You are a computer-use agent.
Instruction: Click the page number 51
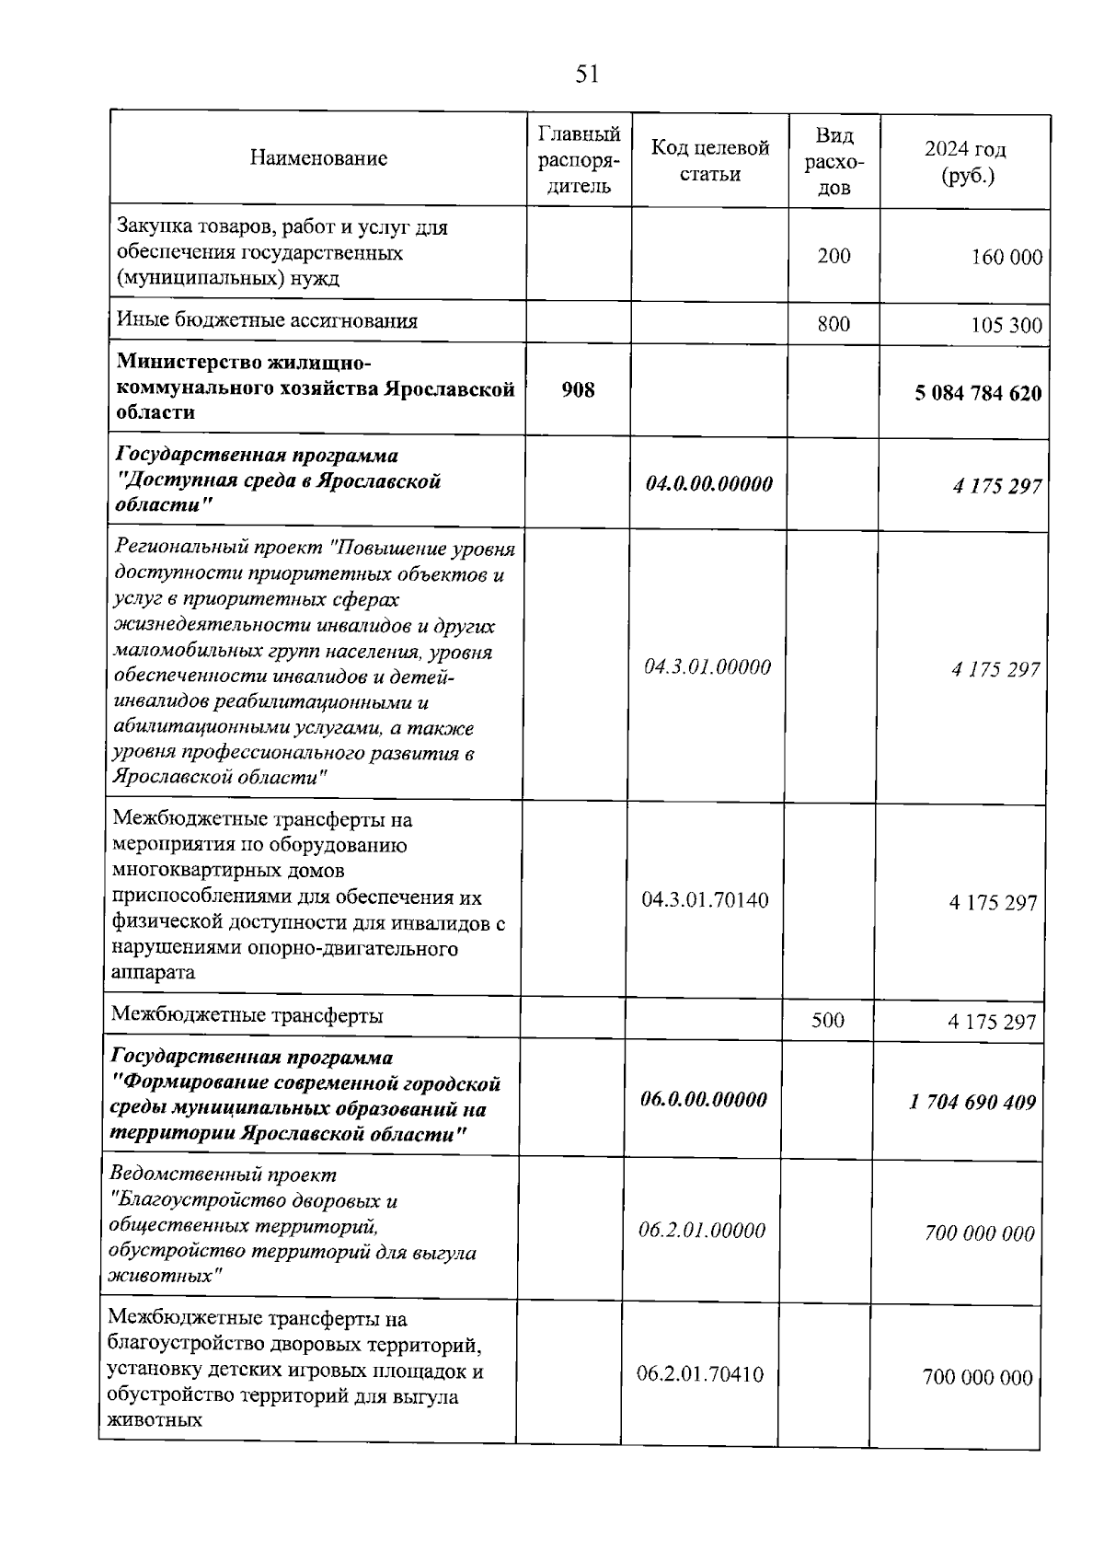pyautogui.click(x=587, y=75)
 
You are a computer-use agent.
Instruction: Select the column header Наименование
pyautogui.click(x=318, y=158)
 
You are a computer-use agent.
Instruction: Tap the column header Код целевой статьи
pyautogui.click(x=709, y=160)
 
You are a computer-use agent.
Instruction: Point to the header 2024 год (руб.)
pyautogui.click(x=965, y=162)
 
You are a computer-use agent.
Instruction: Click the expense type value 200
pyautogui.click(x=834, y=256)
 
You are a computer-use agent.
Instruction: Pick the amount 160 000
pyautogui.click(x=1006, y=258)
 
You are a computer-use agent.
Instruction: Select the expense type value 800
pyautogui.click(x=834, y=324)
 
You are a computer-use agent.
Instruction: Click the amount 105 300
pyautogui.click(x=1006, y=325)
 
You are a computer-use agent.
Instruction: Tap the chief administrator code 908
pyautogui.click(x=578, y=390)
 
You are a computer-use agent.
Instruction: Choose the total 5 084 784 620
pyautogui.click(x=978, y=394)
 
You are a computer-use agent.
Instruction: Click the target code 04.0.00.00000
pyautogui.click(x=708, y=484)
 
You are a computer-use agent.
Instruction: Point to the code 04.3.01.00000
pyautogui.click(x=707, y=667)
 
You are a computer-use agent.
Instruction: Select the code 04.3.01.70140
pyautogui.click(x=705, y=899)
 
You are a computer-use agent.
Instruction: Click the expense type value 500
pyautogui.click(x=828, y=1020)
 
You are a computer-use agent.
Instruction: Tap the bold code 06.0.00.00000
pyautogui.click(x=704, y=1100)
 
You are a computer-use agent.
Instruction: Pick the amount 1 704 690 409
pyautogui.click(x=973, y=1102)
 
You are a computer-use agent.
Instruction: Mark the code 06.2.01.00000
pyautogui.click(x=702, y=1231)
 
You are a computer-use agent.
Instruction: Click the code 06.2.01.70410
pyautogui.click(x=700, y=1375)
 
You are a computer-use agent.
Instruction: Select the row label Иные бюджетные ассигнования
pyautogui.click(x=267, y=321)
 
